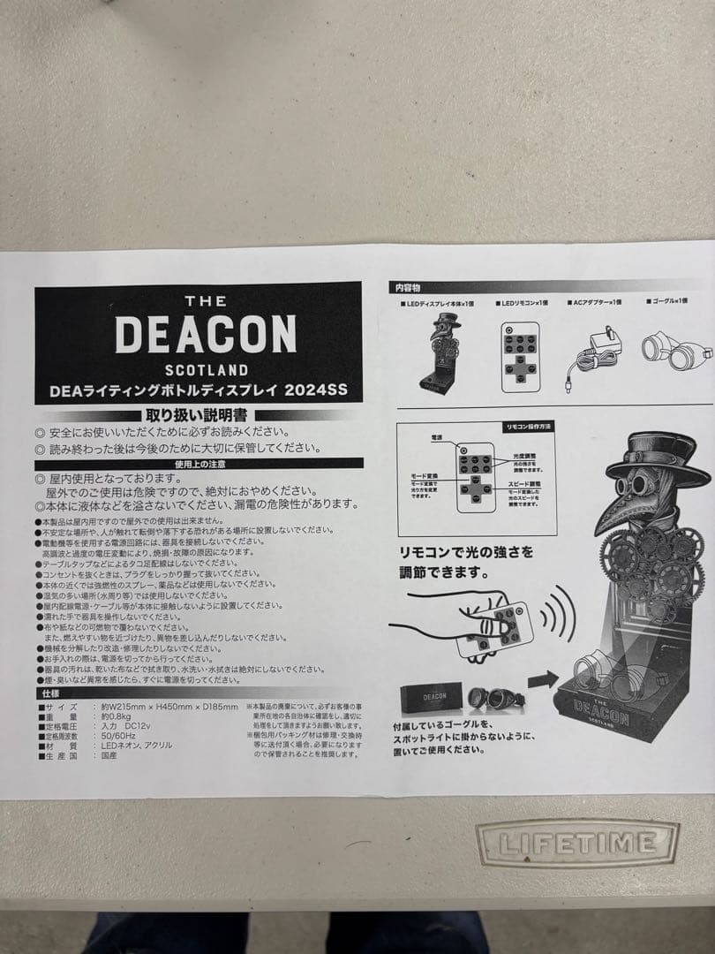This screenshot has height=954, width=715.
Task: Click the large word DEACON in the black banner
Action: coord(205,334)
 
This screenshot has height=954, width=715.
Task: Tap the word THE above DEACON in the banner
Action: coord(205,301)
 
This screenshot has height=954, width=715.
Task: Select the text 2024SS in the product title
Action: coord(323,390)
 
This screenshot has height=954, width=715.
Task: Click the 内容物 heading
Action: coord(407,287)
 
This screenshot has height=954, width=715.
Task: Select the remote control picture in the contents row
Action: coord(520,354)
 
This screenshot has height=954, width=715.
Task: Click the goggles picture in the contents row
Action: coord(676,349)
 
